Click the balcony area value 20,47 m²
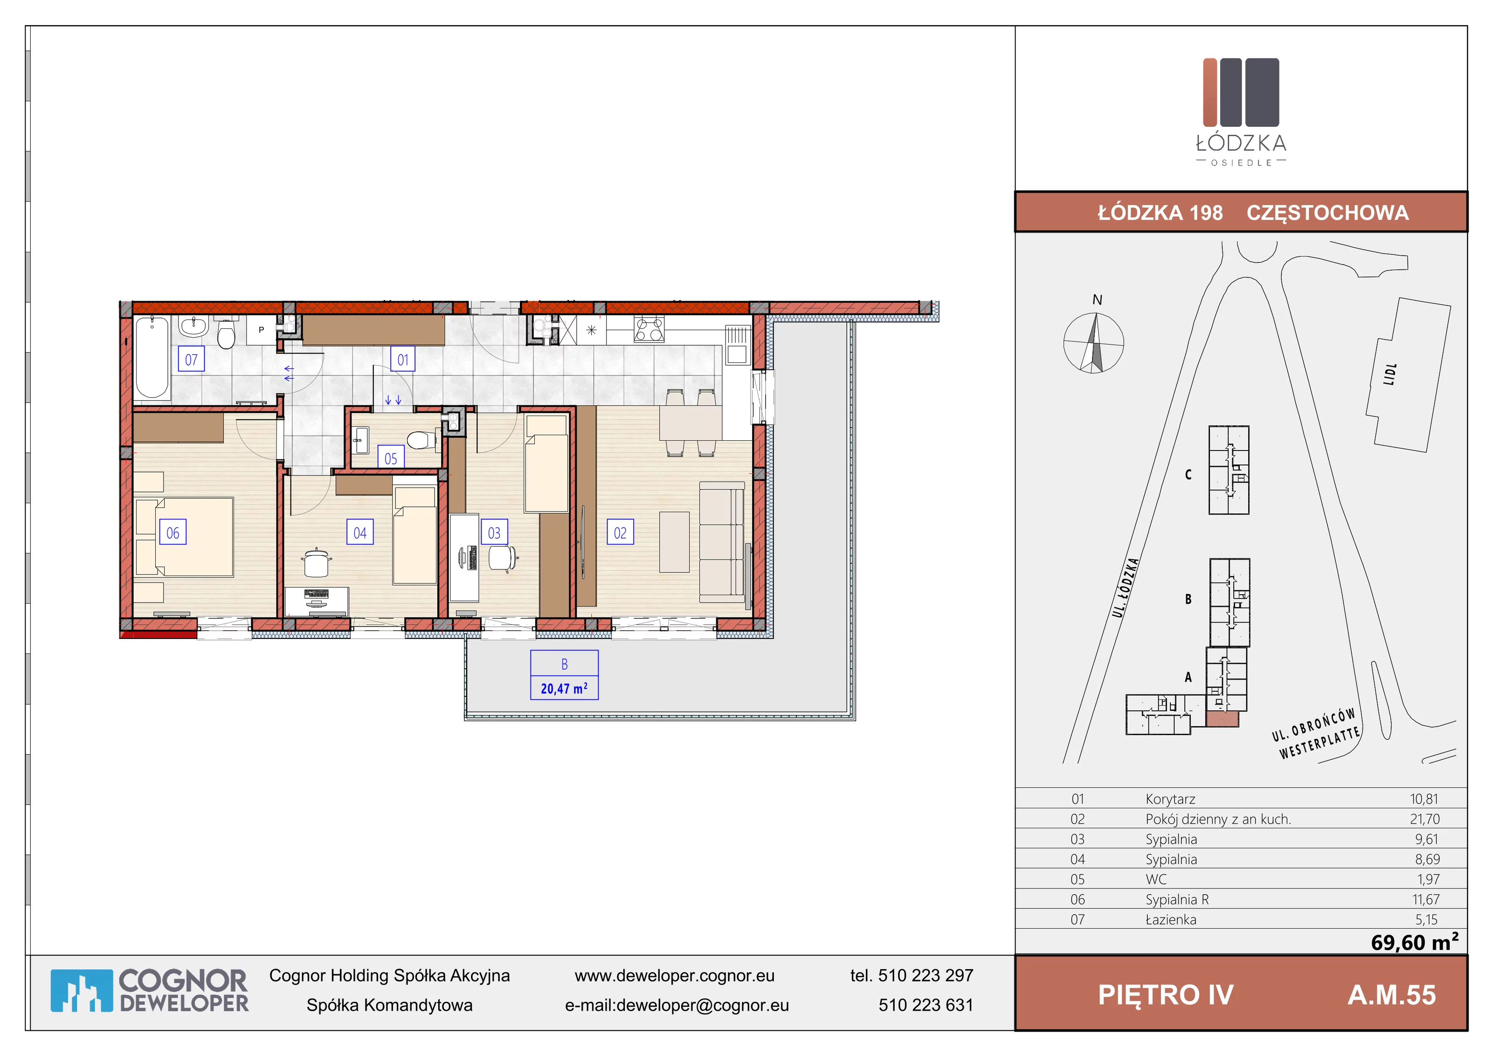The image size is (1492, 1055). (x=564, y=688)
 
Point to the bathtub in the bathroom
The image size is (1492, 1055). (x=152, y=357)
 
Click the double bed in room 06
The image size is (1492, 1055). (x=184, y=537)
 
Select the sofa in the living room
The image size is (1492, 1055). (x=722, y=538)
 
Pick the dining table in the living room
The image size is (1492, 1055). (x=690, y=423)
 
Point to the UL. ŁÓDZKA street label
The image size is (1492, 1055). (x=1126, y=587)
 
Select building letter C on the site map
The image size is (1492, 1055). (x=1188, y=474)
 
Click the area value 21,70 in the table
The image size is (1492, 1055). (x=1424, y=819)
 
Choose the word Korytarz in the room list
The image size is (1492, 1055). (x=1170, y=799)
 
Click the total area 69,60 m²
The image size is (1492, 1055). (x=1415, y=942)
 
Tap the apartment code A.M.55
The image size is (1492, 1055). (x=1391, y=994)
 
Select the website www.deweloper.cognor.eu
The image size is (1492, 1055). (x=675, y=975)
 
